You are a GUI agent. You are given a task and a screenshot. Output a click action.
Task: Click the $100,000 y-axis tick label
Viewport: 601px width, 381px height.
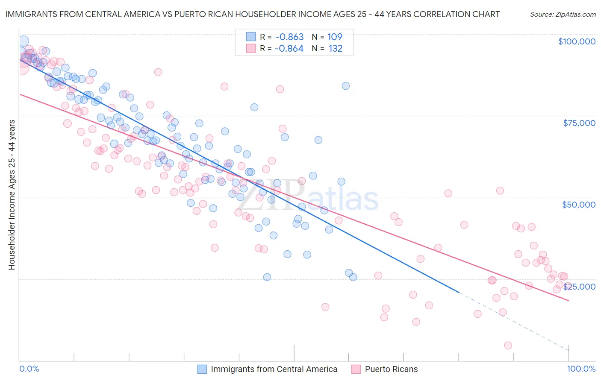(x=577, y=41)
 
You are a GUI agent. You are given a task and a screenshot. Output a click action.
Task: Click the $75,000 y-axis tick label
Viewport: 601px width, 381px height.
(x=579, y=123)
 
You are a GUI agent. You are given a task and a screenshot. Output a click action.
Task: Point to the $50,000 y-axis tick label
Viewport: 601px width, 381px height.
(x=578, y=205)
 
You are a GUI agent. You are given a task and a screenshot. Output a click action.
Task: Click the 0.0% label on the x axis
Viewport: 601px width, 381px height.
(x=29, y=369)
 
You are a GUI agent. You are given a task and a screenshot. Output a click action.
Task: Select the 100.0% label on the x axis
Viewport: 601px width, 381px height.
(x=581, y=369)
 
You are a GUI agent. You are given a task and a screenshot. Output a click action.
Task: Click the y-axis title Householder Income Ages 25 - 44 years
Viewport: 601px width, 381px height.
(x=12, y=195)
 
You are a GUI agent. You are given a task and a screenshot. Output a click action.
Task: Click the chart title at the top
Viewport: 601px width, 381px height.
(x=252, y=14)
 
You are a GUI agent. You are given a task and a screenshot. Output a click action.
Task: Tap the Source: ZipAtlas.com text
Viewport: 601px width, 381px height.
(x=563, y=14)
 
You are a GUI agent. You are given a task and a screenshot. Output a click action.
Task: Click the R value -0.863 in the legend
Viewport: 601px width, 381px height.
(x=289, y=37)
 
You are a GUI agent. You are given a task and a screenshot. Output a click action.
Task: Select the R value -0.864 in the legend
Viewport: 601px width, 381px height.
(x=289, y=49)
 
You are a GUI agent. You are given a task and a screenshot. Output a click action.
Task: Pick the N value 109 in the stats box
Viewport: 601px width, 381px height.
(x=335, y=37)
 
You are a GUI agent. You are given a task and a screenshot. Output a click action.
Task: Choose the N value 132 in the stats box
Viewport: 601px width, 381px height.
(x=336, y=49)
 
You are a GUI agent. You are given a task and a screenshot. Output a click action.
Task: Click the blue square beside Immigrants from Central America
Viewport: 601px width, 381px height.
(x=202, y=369)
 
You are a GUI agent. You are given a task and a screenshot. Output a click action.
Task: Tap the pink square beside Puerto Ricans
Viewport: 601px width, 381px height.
(x=356, y=369)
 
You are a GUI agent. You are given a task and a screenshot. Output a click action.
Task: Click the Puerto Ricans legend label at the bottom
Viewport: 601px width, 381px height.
(x=391, y=369)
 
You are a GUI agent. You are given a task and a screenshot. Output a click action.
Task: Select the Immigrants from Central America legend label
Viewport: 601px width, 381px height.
(x=274, y=369)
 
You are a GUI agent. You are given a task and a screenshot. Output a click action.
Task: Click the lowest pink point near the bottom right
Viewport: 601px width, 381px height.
(x=508, y=346)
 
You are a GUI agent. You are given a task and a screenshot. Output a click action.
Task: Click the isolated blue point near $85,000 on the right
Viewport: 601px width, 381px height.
(x=345, y=86)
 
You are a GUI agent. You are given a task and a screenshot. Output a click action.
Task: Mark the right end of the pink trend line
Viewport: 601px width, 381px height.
(x=569, y=301)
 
